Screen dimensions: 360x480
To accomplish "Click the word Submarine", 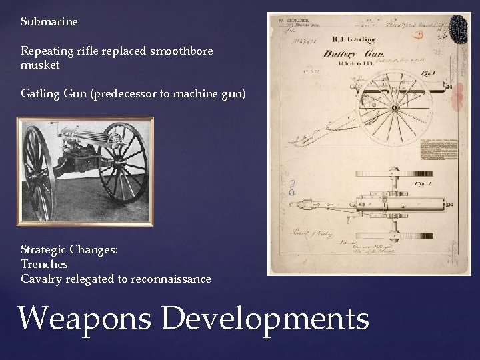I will [x=49, y=22].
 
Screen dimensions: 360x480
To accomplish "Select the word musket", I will [x=40, y=65].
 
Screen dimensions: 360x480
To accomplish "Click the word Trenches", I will [x=45, y=264].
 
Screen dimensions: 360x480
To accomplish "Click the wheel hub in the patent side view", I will [x=395, y=107].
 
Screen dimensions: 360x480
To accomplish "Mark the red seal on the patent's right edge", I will [x=459, y=100].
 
